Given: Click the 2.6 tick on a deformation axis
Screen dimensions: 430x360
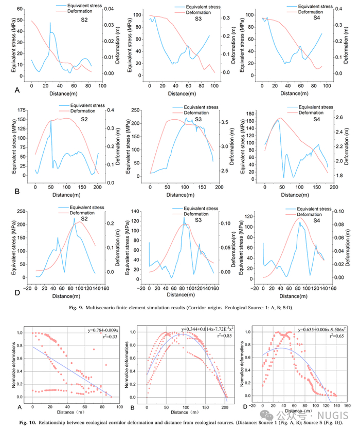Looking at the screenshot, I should click(342, 118).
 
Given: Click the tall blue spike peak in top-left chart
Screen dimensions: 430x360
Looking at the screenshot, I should click(50, 23).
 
